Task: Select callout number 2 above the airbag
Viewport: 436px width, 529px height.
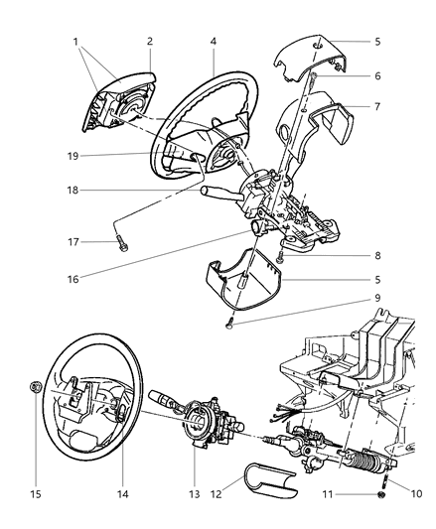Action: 150,44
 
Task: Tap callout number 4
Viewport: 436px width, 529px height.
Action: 213,42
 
